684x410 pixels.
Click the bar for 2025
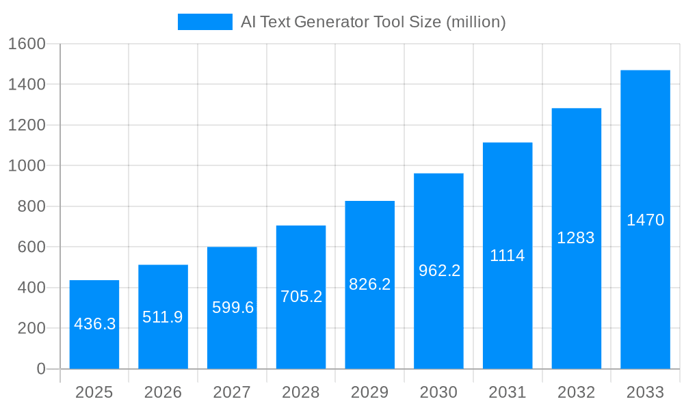tap(94, 325)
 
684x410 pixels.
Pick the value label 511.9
tap(163, 317)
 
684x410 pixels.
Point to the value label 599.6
tap(233, 307)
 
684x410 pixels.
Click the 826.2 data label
tap(369, 284)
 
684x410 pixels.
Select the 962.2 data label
tap(439, 271)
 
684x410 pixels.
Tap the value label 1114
tap(508, 256)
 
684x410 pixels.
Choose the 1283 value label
tap(576, 238)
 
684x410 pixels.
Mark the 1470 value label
tap(645, 220)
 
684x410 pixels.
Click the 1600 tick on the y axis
tap(26, 44)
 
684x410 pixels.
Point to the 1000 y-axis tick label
tap(26, 166)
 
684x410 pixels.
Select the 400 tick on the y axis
tap(31, 288)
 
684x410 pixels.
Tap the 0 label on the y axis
tap(41, 369)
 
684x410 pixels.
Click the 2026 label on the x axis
tap(163, 392)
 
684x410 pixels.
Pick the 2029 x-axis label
tap(369, 392)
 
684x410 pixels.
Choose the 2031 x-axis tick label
tap(508, 392)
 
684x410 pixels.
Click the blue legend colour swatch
tap(205, 22)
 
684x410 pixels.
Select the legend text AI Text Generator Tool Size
tap(373, 22)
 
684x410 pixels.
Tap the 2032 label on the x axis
tap(576, 392)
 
